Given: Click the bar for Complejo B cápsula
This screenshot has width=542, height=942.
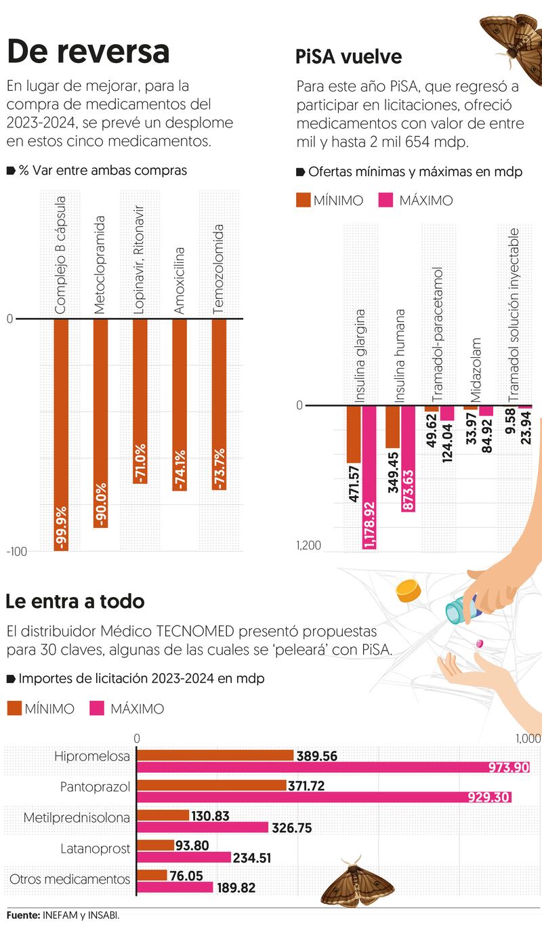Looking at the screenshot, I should point(61,434).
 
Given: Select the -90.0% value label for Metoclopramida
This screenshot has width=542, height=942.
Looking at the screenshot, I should point(101,504).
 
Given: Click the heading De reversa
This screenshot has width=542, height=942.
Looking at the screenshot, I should point(88,52).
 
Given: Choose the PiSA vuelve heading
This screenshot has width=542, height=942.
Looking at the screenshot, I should point(348,56).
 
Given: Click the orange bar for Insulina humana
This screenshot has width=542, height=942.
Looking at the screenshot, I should point(392,427).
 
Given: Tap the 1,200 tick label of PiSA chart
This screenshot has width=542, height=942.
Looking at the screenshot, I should point(308,546).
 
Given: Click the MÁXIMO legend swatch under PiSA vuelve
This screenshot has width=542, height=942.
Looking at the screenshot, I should point(385,200).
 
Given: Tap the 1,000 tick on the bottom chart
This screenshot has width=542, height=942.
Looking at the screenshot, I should point(528,738).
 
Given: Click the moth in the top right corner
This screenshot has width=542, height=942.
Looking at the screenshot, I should point(510,37).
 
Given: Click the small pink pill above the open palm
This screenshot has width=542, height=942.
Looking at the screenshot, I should point(482,642).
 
